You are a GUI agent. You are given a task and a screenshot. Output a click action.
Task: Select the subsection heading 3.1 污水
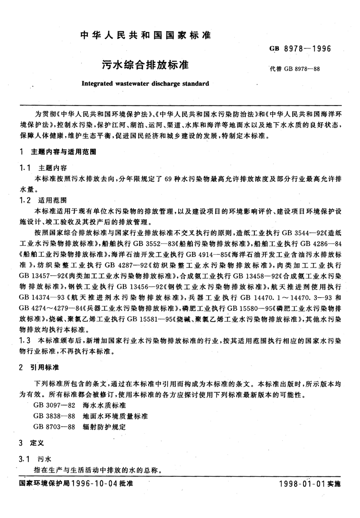pyautogui.click(x=34, y=459)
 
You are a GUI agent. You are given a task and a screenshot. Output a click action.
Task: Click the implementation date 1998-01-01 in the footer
pyautogui.click(x=302, y=484)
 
